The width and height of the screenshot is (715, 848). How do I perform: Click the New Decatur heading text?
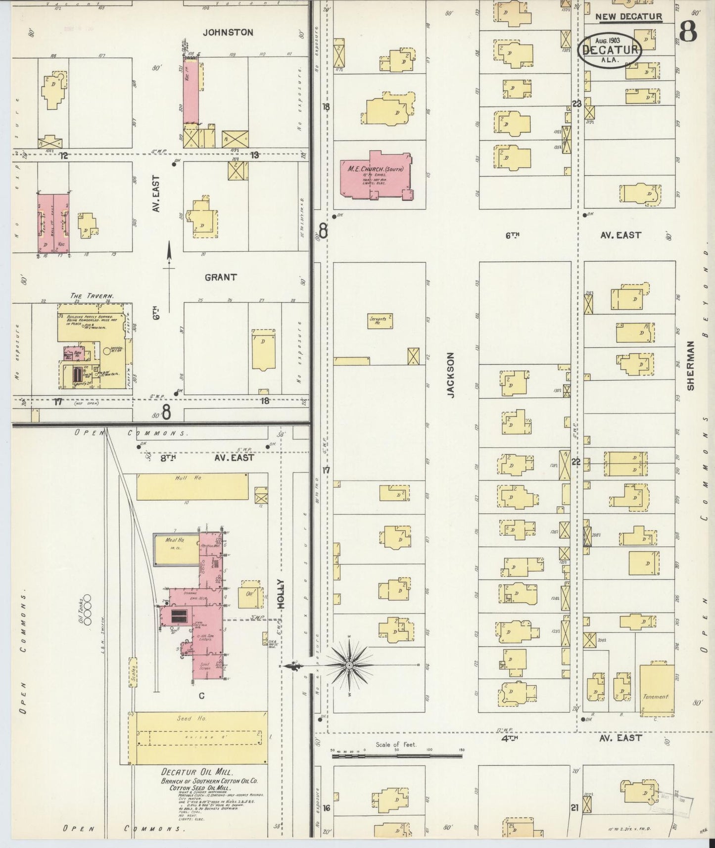[x=628, y=17]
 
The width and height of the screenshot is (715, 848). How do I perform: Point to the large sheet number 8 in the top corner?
[x=688, y=32]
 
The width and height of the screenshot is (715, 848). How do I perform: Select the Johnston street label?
[x=228, y=33]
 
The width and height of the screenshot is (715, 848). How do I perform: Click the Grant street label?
[x=221, y=278]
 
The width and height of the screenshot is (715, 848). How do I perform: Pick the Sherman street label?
[x=691, y=365]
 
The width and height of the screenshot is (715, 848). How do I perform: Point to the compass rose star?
[x=349, y=665]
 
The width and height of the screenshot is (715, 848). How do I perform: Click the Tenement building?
[x=657, y=690]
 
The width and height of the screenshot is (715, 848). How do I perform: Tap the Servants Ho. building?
[x=381, y=321]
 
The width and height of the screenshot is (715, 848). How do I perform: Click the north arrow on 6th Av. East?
[x=169, y=265]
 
